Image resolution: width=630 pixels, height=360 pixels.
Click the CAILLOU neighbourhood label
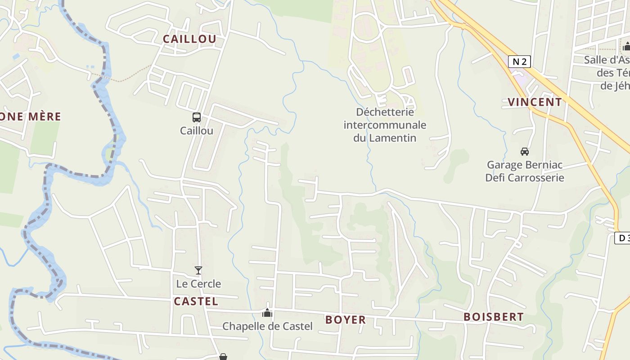tap(189, 39)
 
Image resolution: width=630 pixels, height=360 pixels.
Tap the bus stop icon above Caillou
tap(197, 117)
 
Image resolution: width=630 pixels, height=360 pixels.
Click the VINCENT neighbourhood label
tap(535, 102)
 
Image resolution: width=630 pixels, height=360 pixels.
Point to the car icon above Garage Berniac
tap(524, 151)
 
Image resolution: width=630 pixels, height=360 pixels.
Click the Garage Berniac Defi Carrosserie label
tap(525, 171)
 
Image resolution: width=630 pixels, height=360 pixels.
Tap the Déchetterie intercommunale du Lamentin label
tap(385, 125)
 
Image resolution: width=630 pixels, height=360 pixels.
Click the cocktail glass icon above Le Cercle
tap(198, 270)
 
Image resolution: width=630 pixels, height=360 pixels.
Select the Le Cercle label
tap(198, 284)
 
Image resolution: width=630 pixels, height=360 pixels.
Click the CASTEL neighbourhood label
tap(196, 301)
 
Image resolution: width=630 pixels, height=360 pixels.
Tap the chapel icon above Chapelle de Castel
tap(267, 312)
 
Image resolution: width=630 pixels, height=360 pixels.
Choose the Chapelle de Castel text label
tap(267, 326)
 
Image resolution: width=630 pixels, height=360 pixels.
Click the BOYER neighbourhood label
tap(346, 320)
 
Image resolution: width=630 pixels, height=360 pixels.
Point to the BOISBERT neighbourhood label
tap(494, 317)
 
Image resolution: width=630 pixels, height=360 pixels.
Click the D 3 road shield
tap(622, 238)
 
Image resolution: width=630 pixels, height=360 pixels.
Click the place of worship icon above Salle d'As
tap(626, 46)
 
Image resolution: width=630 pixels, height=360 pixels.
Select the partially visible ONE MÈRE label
tap(30, 117)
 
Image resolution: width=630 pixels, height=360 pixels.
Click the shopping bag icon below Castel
tap(223, 357)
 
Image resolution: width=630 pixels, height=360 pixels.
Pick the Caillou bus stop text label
tap(197, 131)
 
